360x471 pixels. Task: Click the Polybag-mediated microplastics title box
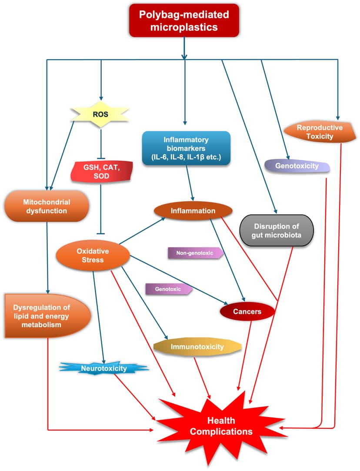183,20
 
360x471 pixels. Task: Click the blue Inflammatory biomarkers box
186,148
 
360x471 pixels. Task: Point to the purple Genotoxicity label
297,166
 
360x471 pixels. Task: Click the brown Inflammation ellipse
193,211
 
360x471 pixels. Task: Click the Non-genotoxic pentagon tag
194,252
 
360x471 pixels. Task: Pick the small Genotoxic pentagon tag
167,288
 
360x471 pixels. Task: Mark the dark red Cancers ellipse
247,312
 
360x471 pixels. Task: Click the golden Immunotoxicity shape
197,347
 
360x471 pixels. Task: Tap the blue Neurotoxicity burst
103,369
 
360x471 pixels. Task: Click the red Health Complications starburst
221,426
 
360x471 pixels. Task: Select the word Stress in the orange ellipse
93,260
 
